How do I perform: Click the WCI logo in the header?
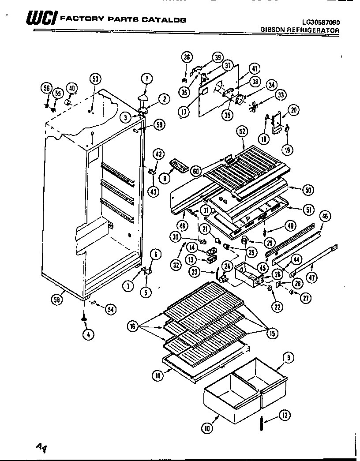coord(41,19)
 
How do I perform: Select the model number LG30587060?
coord(320,22)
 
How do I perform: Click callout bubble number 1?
coord(147,79)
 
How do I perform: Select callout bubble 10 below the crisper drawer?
coord(207,427)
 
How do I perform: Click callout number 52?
coord(242,131)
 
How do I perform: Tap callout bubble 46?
coord(325,216)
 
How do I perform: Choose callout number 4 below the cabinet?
coord(88,334)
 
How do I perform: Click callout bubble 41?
coord(254,68)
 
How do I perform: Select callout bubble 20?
coord(293,110)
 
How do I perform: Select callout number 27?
coord(305,298)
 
